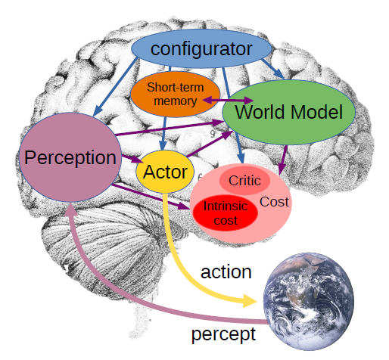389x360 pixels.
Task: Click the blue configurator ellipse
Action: (x=201, y=48)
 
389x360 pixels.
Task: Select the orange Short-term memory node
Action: (x=175, y=95)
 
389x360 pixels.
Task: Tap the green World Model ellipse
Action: (x=288, y=113)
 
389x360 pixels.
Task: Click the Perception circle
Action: (x=70, y=157)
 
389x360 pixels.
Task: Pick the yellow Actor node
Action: (x=165, y=172)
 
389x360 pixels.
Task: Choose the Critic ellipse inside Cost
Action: (x=244, y=181)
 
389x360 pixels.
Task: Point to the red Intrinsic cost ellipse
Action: (x=226, y=213)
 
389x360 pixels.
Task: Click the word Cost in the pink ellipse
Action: (x=274, y=202)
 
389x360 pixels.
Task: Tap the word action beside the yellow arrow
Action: (x=226, y=272)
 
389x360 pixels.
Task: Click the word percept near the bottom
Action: (x=223, y=334)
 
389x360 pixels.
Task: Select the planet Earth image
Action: (x=309, y=302)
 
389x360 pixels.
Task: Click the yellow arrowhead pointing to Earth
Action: (x=249, y=301)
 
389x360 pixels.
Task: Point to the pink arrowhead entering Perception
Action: (x=72, y=208)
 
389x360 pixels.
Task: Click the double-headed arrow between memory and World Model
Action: (x=228, y=100)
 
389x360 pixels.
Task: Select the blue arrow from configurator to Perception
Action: (x=115, y=87)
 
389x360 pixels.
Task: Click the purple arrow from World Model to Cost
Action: (x=283, y=160)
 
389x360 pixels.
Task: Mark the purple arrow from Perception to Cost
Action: (x=151, y=197)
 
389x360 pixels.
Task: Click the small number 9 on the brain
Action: (x=213, y=134)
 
